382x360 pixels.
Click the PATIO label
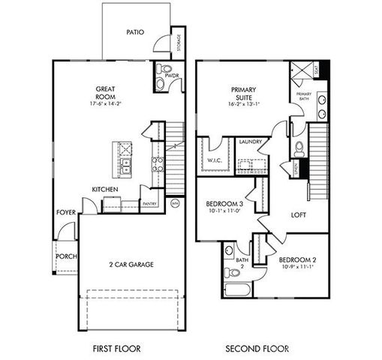point(135,32)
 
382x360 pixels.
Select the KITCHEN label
point(103,189)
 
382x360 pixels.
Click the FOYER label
point(65,212)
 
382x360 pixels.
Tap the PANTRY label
point(149,202)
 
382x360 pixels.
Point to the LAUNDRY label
point(250,141)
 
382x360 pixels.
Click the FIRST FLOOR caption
point(116,349)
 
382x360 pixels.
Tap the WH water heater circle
point(175,203)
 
